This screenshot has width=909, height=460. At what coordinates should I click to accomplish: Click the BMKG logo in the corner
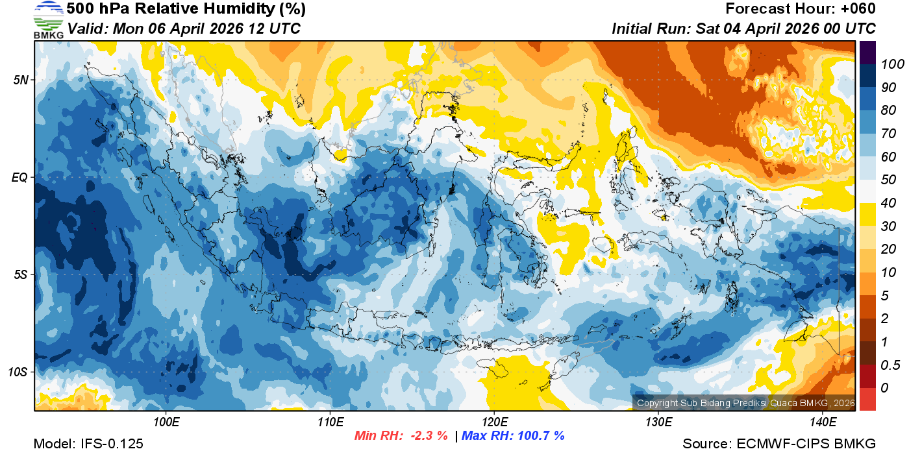click(48, 19)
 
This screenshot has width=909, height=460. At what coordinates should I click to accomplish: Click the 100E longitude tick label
click(166, 422)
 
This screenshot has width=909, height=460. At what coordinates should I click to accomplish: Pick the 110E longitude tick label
click(330, 422)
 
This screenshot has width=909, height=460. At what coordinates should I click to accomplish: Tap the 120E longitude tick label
click(494, 422)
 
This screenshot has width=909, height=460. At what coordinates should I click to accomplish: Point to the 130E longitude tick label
click(658, 422)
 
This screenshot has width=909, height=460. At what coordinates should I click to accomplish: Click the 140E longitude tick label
click(822, 422)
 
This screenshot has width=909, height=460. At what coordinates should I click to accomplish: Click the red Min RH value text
click(401, 435)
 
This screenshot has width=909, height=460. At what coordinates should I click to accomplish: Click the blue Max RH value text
click(513, 435)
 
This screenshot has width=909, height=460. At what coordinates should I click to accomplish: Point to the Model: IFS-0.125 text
click(88, 444)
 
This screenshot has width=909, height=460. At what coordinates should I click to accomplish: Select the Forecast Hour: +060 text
click(801, 8)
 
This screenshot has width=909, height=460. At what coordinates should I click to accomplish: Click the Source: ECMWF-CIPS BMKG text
click(779, 444)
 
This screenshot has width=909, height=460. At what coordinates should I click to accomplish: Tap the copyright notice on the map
click(745, 403)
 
